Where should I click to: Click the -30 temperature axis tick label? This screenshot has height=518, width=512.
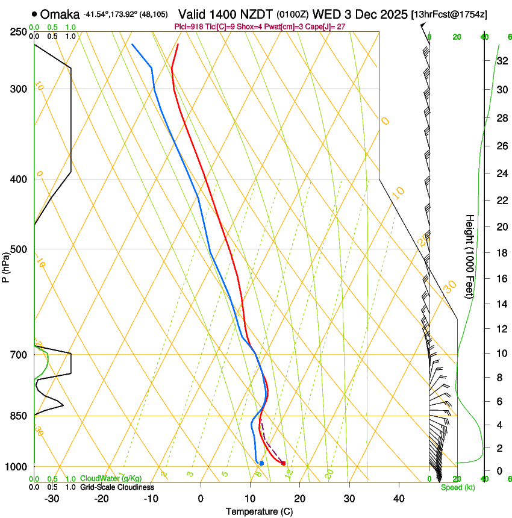(52, 498)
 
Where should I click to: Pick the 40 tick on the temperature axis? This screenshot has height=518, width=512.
(399, 498)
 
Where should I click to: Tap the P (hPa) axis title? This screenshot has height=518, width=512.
(5, 267)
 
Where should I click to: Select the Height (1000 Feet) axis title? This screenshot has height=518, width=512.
(470, 256)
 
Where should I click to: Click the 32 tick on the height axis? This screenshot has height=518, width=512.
(485, 60)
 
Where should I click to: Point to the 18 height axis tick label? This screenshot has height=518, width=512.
(485, 252)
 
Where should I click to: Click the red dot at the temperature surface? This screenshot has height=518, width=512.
(283, 463)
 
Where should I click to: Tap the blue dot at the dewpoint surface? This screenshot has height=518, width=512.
(261, 463)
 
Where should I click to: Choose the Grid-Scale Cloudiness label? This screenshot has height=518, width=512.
(117, 487)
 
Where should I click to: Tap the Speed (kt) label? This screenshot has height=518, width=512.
(458, 487)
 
